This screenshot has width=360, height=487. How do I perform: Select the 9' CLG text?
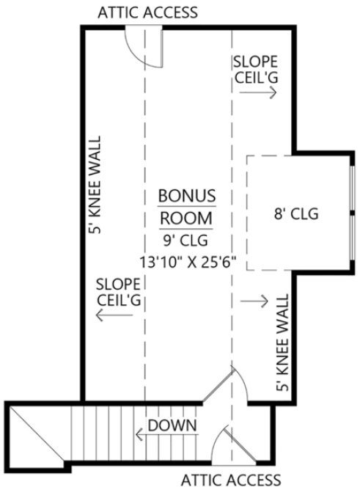point(186,240)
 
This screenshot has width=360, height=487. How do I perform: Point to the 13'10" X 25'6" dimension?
point(186,260)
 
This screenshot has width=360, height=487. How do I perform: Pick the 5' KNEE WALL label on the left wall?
point(93,184)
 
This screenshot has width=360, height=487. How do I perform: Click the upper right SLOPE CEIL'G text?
point(255,67)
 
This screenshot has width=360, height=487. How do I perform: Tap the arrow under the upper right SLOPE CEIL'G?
point(262,92)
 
